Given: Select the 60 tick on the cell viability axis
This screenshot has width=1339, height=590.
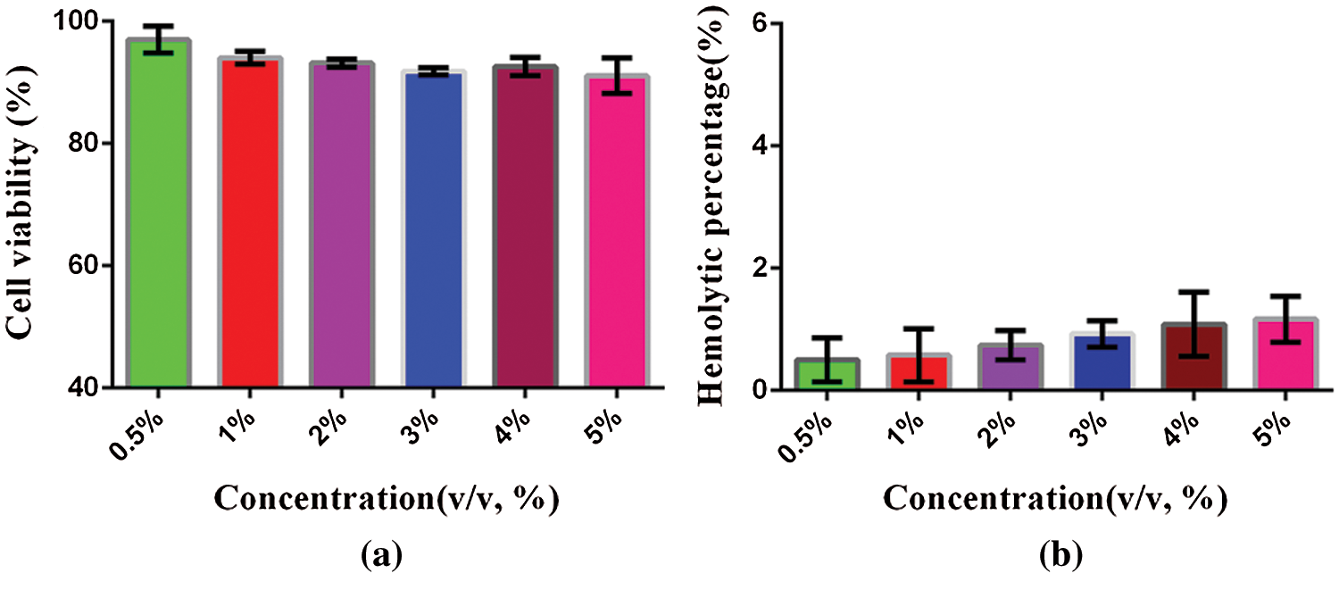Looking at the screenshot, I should click(87, 266).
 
